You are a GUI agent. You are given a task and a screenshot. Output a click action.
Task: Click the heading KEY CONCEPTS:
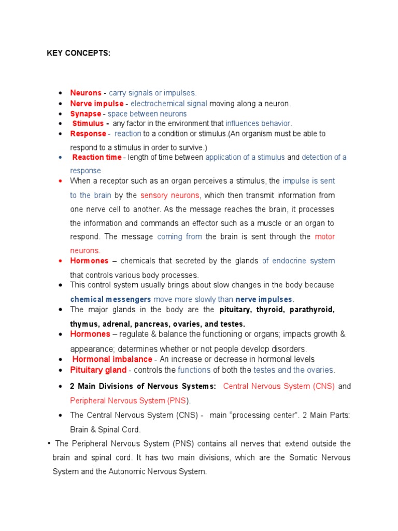(79, 53)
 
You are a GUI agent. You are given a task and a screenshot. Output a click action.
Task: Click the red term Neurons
(86, 93)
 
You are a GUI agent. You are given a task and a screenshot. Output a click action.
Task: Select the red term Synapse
(86, 114)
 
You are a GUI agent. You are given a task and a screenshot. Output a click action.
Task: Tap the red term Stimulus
(88, 123)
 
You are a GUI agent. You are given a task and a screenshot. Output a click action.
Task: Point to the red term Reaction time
(97, 157)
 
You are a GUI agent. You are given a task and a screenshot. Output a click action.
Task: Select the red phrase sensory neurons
(169, 195)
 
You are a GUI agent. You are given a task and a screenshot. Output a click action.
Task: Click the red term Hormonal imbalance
(112, 359)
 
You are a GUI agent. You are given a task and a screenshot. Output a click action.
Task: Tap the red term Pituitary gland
(98, 370)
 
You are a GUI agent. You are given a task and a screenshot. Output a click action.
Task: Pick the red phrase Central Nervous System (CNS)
(279, 386)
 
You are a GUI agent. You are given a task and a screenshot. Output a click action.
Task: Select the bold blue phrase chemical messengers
(111, 299)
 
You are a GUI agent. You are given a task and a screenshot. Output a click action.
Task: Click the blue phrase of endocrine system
(298, 261)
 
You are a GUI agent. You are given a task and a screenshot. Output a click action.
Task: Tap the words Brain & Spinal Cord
(106, 430)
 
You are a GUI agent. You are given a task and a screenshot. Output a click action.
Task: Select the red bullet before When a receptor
(61, 181)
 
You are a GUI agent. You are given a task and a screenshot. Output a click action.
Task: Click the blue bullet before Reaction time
(61, 157)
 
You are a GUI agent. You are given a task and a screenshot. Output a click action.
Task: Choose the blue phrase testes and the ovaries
(294, 370)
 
